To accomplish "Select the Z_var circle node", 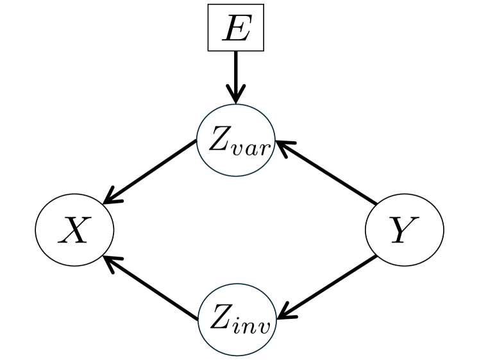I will [236, 143].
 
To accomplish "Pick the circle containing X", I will [74, 230].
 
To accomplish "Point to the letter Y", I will [403, 230].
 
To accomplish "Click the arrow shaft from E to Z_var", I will [235, 71].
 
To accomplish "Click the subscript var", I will [252, 150].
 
